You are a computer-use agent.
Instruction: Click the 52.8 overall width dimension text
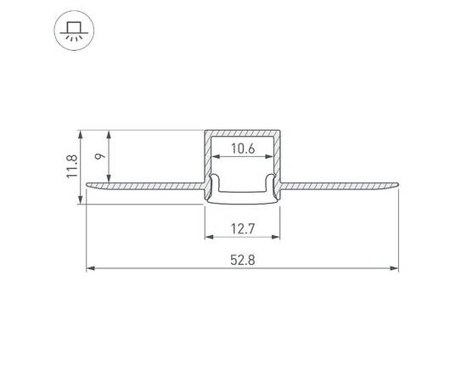[x=243, y=259]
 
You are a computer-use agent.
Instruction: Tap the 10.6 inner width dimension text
[x=243, y=149]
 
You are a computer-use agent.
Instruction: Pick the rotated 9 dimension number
[x=99, y=155]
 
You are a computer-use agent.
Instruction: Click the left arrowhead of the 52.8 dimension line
[x=91, y=270]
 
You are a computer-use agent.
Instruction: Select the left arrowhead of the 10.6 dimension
[x=214, y=159]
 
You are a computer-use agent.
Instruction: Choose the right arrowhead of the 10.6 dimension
[x=272, y=159]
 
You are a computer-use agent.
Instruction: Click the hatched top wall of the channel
[x=243, y=133]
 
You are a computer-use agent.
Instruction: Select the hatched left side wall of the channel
[x=206, y=161]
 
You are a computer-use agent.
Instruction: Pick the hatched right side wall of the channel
[x=279, y=161]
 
